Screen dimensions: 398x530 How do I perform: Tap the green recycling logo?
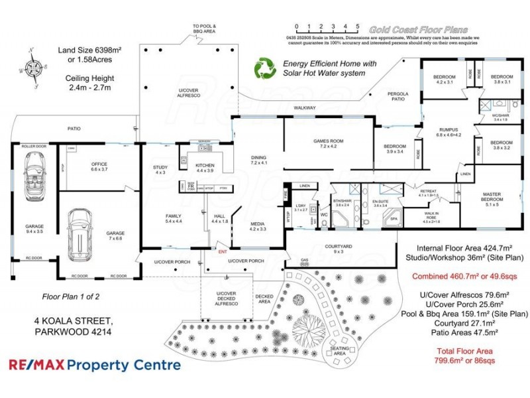point(266,68)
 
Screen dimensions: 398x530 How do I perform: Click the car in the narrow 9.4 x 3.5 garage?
point(32,176)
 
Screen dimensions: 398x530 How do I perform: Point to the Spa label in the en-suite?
point(393,218)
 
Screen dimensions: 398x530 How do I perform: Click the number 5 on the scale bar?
point(358,26)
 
